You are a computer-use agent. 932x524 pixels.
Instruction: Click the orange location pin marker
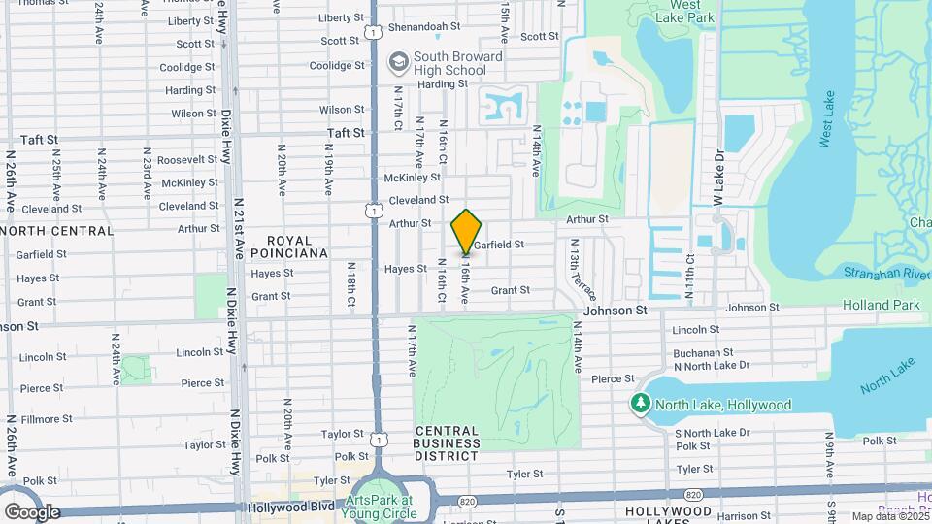click(x=466, y=233)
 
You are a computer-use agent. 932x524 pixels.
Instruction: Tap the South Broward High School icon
click(x=397, y=63)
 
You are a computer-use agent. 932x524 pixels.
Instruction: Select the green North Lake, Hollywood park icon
click(x=641, y=404)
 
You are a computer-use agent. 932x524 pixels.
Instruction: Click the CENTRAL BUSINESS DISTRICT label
click(x=447, y=442)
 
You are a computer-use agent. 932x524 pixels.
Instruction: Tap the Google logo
click(x=32, y=511)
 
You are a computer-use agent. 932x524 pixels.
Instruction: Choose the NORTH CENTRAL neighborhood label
click(x=57, y=231)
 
